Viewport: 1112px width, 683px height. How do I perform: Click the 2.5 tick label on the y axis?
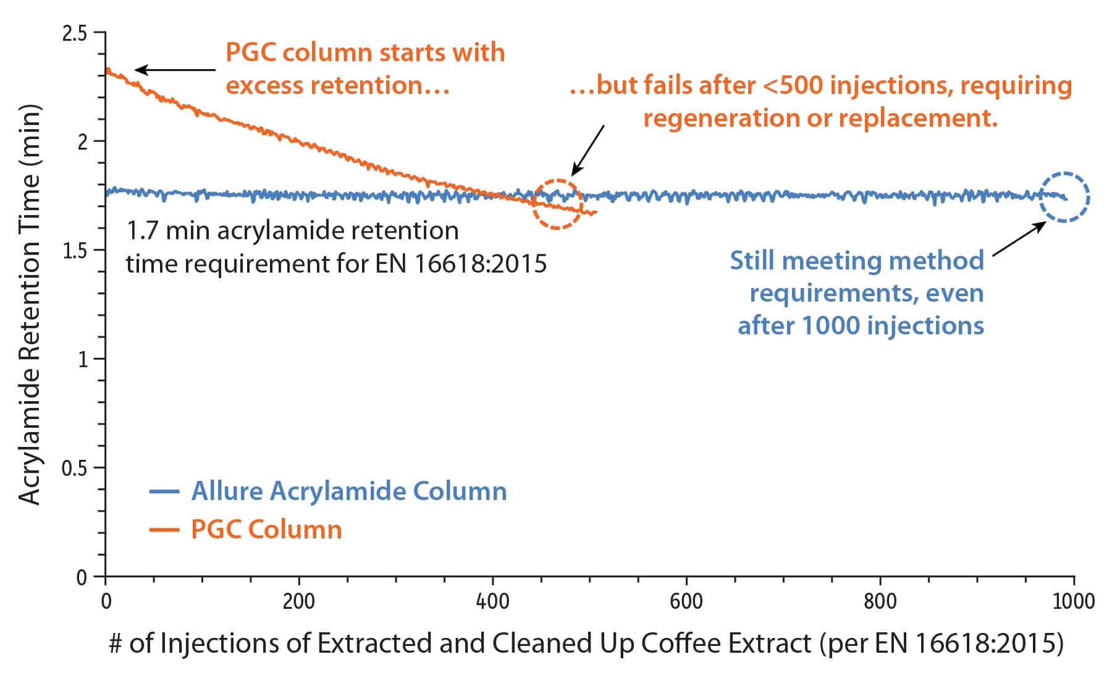pos(75,33)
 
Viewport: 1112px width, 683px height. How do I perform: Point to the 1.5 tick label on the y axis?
pos(75,250)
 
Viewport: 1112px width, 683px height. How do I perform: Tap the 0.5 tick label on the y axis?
pos(75,469)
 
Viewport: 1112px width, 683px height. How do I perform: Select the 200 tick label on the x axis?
pos(298,601)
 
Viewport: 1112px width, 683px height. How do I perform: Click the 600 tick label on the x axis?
pos(686,601)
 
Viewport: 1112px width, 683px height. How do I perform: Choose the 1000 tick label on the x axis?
pos(1073,601)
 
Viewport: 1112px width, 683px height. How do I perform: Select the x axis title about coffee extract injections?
pos(586,643)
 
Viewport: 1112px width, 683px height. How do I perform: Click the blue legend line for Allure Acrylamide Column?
pos(164,492)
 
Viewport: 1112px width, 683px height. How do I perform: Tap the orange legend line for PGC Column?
pos(164,530)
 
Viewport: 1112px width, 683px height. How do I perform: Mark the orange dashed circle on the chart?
pos(557,204)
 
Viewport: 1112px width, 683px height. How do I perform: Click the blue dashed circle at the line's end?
pos(1064,197)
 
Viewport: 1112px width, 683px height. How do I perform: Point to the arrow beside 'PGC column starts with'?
pos(174,70)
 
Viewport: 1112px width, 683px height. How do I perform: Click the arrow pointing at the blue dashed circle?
pos(1018,239)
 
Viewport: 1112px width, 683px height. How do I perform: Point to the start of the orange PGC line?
pos(107,70)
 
